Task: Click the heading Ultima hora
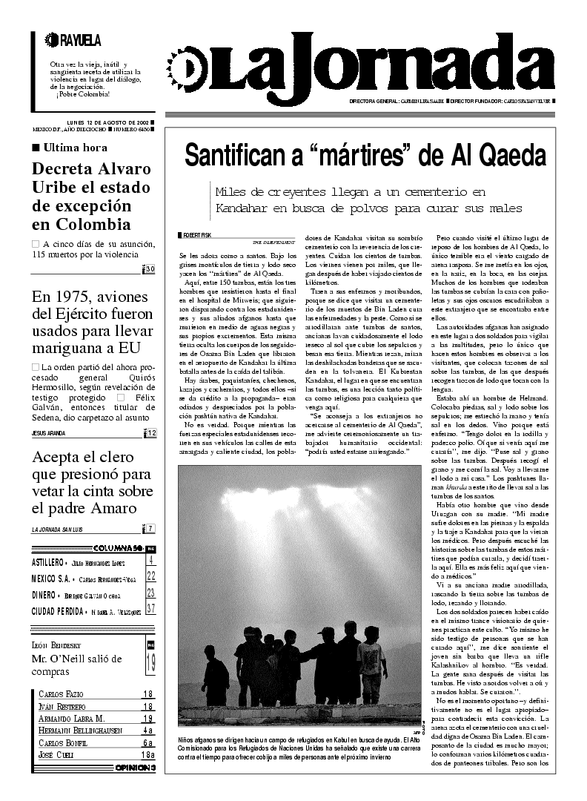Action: pos(75,148)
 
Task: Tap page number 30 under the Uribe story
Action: pos(150,268)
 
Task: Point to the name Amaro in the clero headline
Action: pos(112,508)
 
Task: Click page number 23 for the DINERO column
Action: pos(150,593)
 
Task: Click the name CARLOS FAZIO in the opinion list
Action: pos(64,694)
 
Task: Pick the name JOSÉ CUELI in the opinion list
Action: pos(59,754)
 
